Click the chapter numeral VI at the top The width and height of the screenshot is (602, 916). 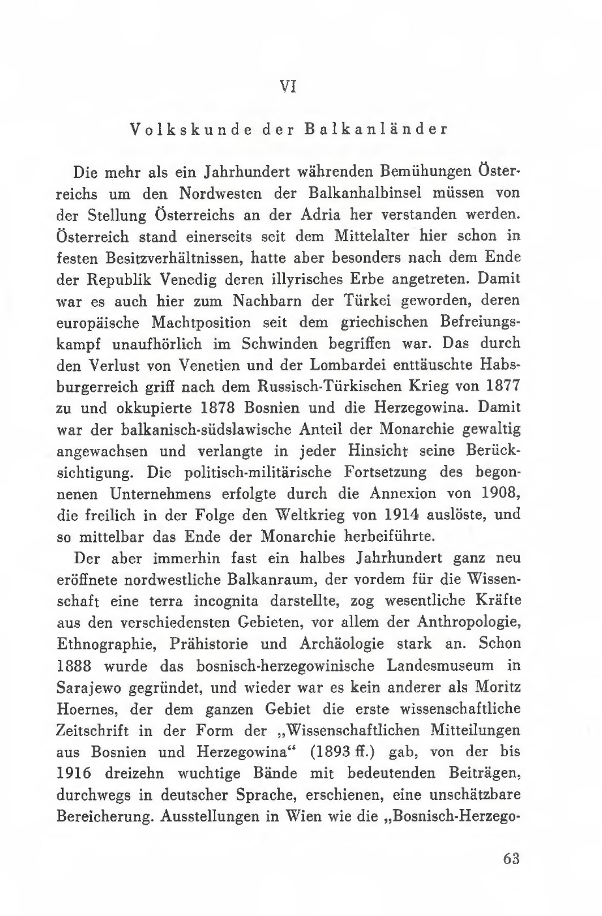coord(288,87)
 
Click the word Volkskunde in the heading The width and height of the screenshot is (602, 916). coord(191,129)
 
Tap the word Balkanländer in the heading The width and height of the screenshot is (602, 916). coord(376,129)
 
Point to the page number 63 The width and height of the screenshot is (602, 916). coord(511,859)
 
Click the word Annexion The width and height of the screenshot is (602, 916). coord(403,494)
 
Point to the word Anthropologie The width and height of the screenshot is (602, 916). coord(469,622)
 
